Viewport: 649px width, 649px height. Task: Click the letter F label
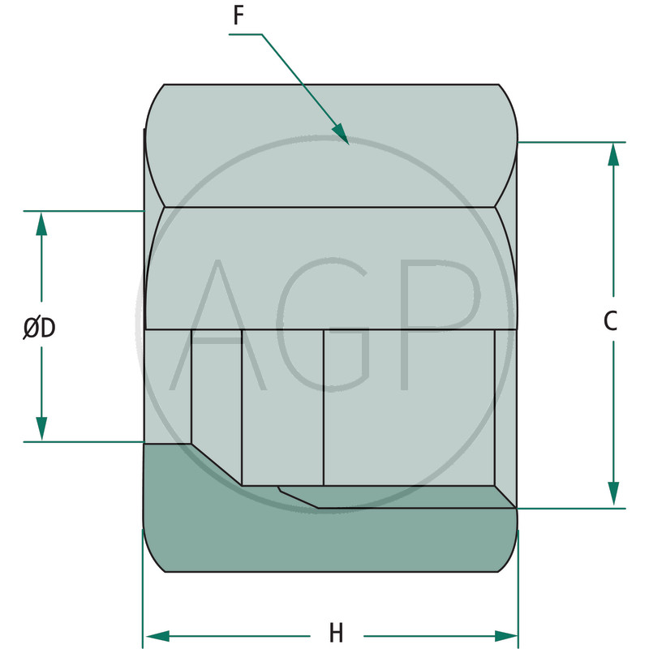coord(239,15)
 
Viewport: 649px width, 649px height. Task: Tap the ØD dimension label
coord(39,329)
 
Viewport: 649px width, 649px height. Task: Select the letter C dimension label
coord(610,320)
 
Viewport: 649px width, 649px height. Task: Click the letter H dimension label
coord(336,633)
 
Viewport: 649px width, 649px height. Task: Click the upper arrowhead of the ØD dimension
coord(41,224)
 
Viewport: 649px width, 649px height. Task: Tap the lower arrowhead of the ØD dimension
coord(41,429)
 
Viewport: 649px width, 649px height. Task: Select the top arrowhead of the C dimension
coord(613,154)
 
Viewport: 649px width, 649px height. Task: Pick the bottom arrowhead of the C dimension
coord(613,494)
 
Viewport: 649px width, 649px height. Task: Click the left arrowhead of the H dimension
coord(157,636)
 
